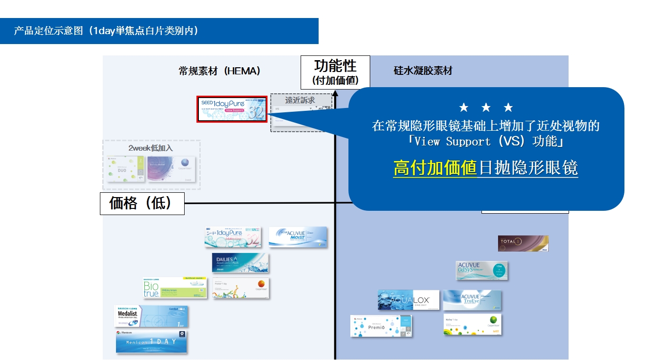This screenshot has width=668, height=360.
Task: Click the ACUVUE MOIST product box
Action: pos(298,237)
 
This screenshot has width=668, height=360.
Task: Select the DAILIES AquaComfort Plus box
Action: pos(240,263)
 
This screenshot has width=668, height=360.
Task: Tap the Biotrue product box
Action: pos(175,288)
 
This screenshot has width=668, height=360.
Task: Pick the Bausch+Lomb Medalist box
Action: pos(151,316)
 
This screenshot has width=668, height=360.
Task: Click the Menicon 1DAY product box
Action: pos(151,342)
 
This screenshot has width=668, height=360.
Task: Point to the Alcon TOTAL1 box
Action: pos(523,243)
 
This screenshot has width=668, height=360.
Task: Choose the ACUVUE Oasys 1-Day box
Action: pos(481,270)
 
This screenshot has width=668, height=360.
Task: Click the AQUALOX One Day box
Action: pos(408,300)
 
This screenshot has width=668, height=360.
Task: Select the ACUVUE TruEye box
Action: pos(472,300)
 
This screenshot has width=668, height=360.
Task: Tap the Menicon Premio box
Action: pos(381,326)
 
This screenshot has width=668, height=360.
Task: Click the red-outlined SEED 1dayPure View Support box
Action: pos(232,109)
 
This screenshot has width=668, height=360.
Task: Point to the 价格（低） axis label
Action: pos(142,204)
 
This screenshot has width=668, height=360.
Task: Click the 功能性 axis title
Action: pos(335,66)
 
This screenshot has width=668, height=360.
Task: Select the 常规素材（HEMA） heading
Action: pos(220,71)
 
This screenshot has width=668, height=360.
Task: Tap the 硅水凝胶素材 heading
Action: pos(423,71)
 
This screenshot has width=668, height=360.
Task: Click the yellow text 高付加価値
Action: pos(435,168)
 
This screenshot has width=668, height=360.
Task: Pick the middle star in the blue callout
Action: pos(486,108)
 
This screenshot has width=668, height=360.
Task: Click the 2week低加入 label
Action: pos(151,148)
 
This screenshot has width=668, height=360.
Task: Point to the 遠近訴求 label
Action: pos(300,100)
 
